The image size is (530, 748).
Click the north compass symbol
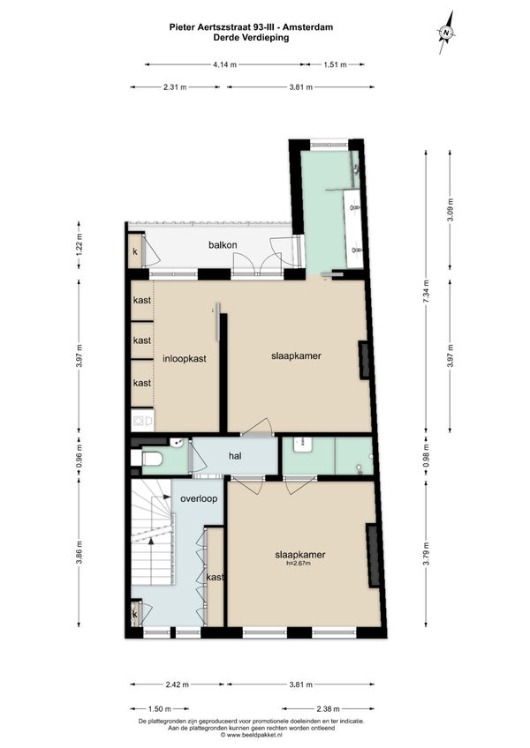[x=446, y=33]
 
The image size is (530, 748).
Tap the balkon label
[x=223, y=245]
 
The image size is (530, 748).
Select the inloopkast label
[x=185, y=358]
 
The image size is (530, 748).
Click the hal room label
[x=235, y=456]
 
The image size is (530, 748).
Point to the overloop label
[x=199, y=498]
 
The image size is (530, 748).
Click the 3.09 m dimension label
[x=450, y=209]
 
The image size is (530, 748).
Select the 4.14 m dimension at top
[x=225, y=64]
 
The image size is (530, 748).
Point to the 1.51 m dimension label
[x=335, y=64]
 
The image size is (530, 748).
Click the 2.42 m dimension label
[x=178, y=684]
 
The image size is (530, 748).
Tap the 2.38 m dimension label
[x=328, y=709]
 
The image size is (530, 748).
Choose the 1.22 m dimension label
[x=79, y=244]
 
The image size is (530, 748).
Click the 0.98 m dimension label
[x=427, y=455]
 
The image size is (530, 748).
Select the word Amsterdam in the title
[x=312, y=27]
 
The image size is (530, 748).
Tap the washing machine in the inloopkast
[x=142, y=420]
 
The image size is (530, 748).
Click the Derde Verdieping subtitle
[x=252, y=37]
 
